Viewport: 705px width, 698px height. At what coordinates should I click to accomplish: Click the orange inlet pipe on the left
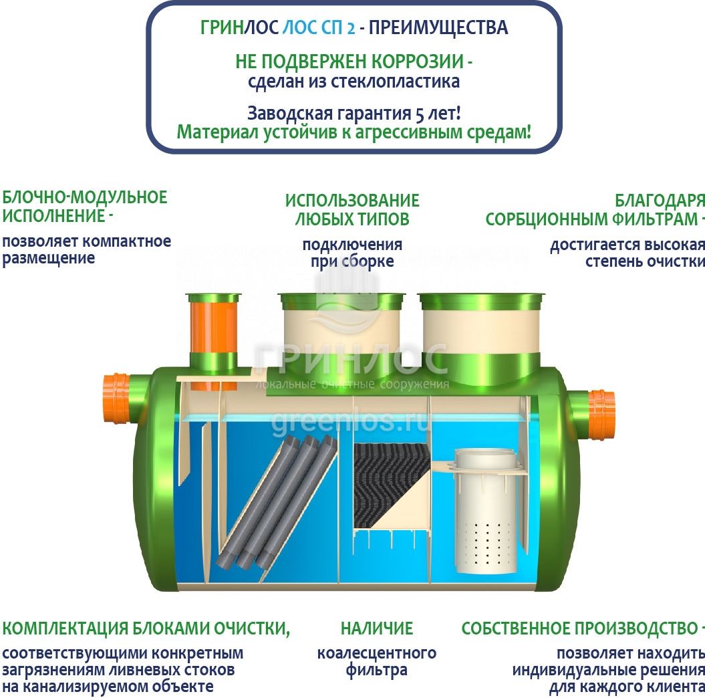(x=116, y=398)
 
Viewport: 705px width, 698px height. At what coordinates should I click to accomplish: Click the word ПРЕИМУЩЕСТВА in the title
(x=438, y=28)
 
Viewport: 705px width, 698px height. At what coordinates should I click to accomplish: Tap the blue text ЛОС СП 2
(x=318, y=28)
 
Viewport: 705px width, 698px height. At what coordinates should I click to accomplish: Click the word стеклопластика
(x=395, y=82)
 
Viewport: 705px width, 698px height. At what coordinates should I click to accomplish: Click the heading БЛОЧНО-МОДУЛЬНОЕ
(x=84, y=197)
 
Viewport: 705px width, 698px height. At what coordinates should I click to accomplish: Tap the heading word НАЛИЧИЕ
(x=377, y=628)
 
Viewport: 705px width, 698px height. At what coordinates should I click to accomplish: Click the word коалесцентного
(x=377, y=653)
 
